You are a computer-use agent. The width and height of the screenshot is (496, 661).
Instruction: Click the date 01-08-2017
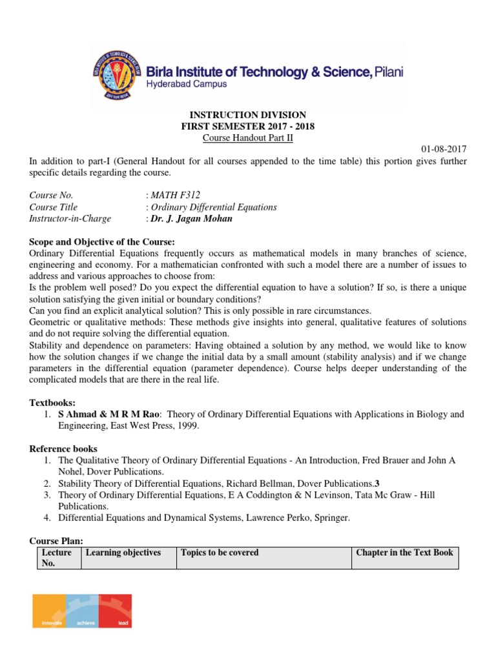click(x=444, y=149)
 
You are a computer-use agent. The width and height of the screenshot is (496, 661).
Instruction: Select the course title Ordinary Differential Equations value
click(x=214, y=207)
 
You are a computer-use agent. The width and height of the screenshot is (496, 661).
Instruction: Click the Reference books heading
click(x=63, y=449)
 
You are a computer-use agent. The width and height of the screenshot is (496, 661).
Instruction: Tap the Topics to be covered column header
click(x=220, y=553)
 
